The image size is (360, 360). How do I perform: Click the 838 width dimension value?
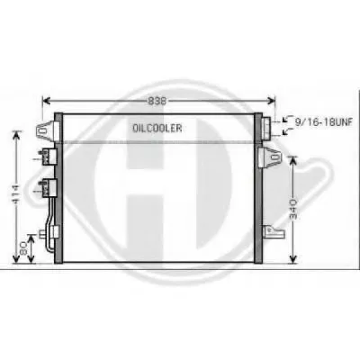click(x=157, y=101)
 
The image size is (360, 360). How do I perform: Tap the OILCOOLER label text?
click(x=157, y=129)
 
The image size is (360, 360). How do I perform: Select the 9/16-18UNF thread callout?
click(x=323, y=121)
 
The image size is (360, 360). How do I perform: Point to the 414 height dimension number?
click(x=16, y=193)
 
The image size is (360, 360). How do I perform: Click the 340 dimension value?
click(x=293, y=209)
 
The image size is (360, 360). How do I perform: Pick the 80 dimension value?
click(x=23, y=248)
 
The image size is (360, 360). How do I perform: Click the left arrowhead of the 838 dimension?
click(x=46, y=101)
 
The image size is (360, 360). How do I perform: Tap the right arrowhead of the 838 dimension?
click(x=272, y=101)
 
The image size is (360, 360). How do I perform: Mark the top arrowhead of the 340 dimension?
click(x=292, y=160)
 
